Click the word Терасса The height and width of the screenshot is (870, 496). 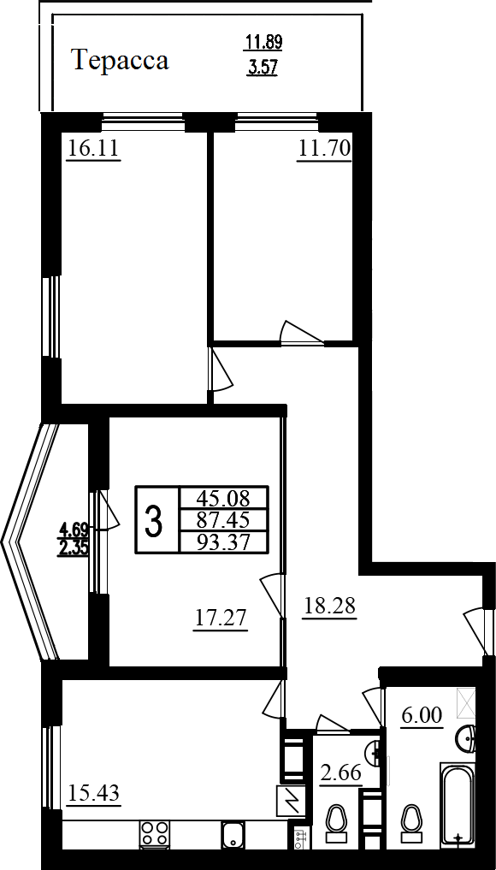[x=120, y=60]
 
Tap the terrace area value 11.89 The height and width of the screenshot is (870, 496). [x=264, y=41]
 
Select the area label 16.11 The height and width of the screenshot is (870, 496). [x=93, y=149]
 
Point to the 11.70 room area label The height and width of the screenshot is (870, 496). [x=324, y=149]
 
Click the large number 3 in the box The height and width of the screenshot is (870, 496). [x=154, y=521]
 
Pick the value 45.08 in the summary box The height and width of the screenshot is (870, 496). [x=224, y=495]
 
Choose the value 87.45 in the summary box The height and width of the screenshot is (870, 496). [x=224, y=520]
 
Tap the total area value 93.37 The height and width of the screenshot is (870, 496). [x=224, y=542]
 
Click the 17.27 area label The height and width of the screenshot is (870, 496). [x=221, y=618]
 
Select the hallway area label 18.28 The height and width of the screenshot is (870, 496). [x=329, y=606]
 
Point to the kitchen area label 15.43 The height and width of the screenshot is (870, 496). [x=93, y=793]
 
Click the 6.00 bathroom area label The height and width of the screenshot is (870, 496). [x=422, y=716]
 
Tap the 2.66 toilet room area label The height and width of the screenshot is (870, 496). [x=342, y=772]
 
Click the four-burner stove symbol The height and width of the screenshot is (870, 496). [x=154, y=835]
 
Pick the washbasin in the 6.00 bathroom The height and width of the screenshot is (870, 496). [x=467, y=738]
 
